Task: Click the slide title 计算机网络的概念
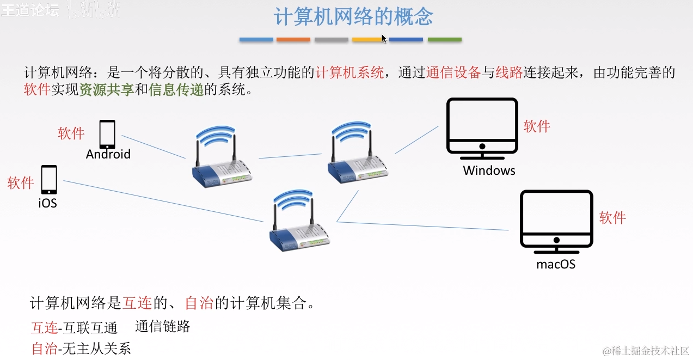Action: pos(353,17)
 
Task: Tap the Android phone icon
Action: pos(107,134)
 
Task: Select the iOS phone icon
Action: pos(49,180)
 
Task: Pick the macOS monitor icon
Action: pos(556,221)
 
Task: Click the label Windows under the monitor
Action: pos(489,170)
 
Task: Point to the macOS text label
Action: pos(556,265)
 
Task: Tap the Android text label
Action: pos(108,154)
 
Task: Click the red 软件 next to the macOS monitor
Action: pos(612,218)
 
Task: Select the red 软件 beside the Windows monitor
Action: pos(537,126)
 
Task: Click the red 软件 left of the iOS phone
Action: pos(21,183)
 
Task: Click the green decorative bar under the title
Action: pos(444,40)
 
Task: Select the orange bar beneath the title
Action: pos(293,40)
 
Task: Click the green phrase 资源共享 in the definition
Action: pos(107,90)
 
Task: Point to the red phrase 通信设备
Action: pos(453,72)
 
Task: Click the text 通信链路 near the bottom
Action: pos(163,326)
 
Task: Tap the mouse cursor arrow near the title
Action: pos(383,38)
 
